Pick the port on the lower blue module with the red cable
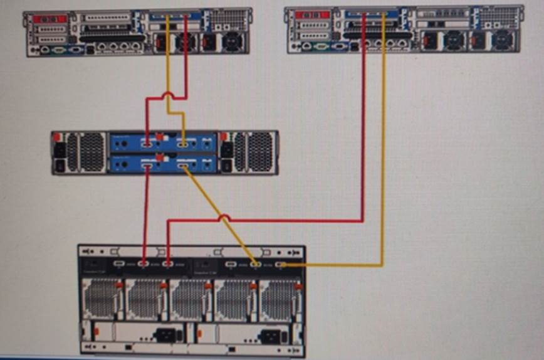(148, 166)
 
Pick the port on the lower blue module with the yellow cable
(182, 166)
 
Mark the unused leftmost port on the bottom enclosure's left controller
(120, 264)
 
